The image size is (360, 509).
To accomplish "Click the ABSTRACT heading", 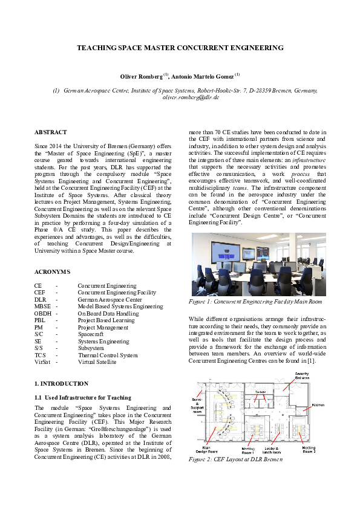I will click(x=50, y=132).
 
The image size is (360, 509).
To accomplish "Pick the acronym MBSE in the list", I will click(x=42, y=306).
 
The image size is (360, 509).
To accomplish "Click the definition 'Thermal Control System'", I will click(x=108, y=355).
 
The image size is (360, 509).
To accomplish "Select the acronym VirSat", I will click(x=42, y=362).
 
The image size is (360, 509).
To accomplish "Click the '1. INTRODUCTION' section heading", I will click(x=61, y=383).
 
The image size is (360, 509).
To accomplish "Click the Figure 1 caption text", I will click(x=255, y=301).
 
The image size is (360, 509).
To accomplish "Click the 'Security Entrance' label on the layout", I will click(x=302, y=376).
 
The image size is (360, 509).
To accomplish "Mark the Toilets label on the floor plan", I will click(x=260, y=392).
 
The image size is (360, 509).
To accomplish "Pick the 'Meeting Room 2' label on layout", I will click(x=309, y=450).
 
